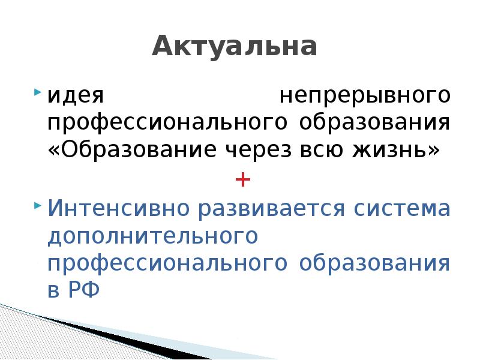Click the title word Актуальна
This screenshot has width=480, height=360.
(x=234, y=47)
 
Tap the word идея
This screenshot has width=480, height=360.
(x=76, y=95)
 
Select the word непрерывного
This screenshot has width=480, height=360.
(x=365, y=96)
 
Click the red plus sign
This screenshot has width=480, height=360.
(x=242, y=179)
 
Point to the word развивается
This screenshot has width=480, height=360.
(x=273, y=209)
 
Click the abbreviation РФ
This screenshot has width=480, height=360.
(x=85, y=291)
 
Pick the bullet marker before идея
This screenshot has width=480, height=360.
(x=37, y=93)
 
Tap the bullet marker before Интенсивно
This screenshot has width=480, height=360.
(x=37, y=205)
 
